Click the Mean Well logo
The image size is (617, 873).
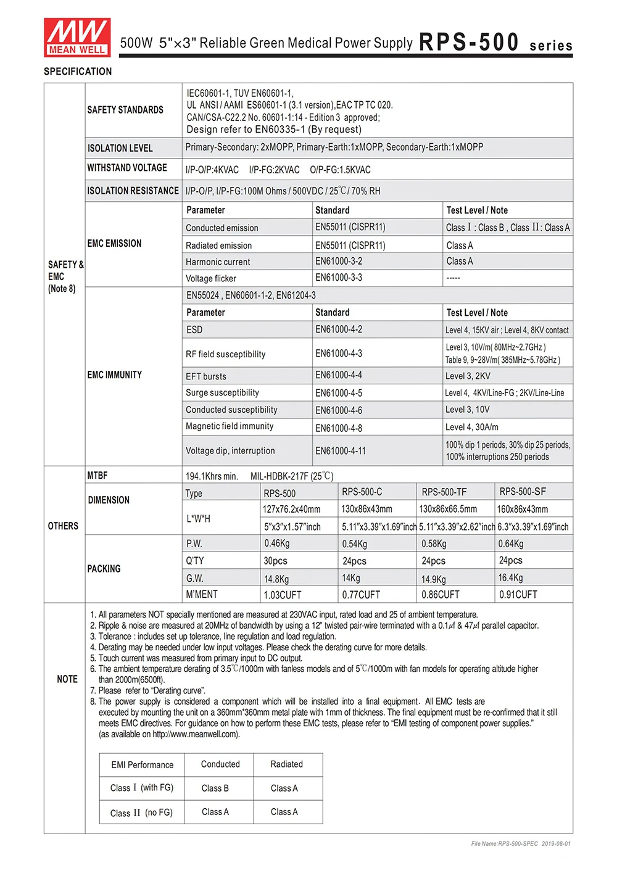[x=77, y=37]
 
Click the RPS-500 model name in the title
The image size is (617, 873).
[x=469, y=42]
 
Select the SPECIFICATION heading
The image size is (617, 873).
[x=78, y=72]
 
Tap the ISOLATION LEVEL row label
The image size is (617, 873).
[x=120, y=148]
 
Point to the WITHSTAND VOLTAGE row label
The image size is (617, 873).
[x=127, y=168]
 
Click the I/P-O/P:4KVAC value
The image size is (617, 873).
[x=212, y=170]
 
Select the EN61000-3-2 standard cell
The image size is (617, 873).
[x=339, y=261]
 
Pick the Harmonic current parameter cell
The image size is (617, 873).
[x=218, y=262]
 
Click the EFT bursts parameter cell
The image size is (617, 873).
[x=206, y=376]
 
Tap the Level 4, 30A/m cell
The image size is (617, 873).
[x=472, y=427]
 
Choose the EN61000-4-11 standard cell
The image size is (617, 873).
[x=341, y=451]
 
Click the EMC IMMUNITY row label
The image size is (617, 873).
[x=115, y=374]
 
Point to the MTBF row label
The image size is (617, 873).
[x=97, y=476]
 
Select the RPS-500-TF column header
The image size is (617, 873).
[x=444, y=492]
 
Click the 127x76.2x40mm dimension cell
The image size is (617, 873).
[x=291, y=510]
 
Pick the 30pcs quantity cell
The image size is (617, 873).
[x=275, y=561]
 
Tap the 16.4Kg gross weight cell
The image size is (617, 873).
[x=510, y=578]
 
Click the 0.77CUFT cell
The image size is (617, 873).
[x=361, y=595]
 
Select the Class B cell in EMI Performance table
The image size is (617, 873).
[x=215, y=788]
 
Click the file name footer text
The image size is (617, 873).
[x=521, y=843]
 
